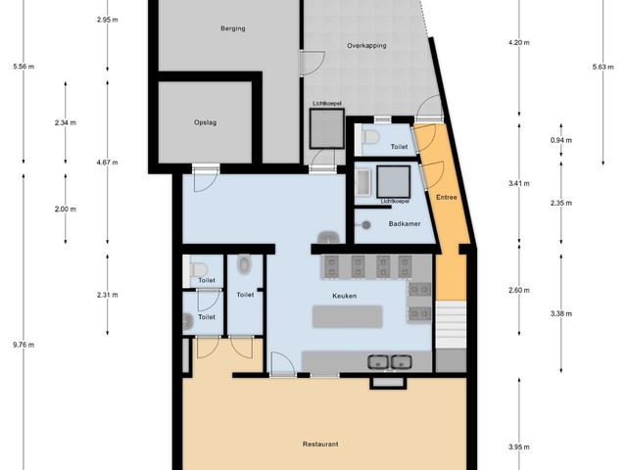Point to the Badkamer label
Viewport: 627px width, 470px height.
(404, 224)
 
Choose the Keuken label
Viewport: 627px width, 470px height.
(344, 295)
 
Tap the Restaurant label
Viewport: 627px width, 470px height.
(320, 444)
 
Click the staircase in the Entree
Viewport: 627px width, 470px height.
(450, 323)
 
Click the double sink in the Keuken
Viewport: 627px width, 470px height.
(388, 361)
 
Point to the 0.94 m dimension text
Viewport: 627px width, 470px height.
(559, 141)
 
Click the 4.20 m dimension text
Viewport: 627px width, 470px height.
(518, 43)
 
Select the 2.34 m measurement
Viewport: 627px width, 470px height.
(66, 122)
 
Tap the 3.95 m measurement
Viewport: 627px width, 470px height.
(518, 447)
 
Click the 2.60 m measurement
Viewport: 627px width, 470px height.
(518, 290)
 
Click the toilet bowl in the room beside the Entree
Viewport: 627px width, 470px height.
(369, 138)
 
